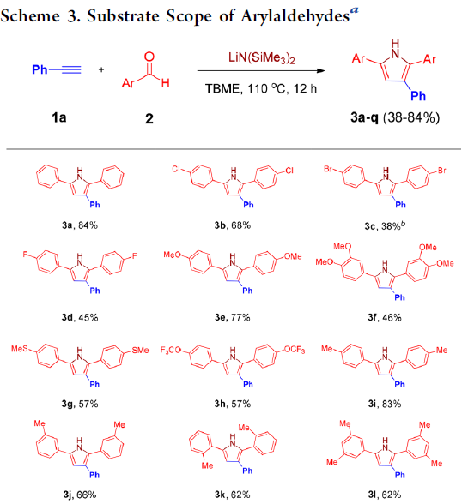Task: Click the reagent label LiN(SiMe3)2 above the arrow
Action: click(262, 58)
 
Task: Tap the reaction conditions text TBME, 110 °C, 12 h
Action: click(261, 89)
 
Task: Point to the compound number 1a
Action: click(59, 117)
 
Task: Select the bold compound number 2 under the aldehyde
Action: click(149, 118)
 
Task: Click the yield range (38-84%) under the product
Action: click(411, 117)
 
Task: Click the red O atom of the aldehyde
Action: click(149, 57)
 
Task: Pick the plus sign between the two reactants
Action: click(101, 69)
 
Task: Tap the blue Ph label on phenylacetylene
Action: click(40, 69)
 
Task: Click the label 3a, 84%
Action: click(80, 225)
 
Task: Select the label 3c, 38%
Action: click(385, 225)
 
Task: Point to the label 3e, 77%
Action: click(233, 317)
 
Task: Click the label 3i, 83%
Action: click(385, 404)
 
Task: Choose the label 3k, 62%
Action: click(233, 495)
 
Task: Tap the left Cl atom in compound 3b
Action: click(176, 169)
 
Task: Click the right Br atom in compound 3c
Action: click(442, 171)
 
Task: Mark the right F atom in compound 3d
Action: click(134, 255)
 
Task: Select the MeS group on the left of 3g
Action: click(20, 349)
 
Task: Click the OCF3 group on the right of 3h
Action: click(295, 350)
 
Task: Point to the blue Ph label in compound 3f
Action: click(399, 297)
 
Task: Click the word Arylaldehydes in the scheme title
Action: click(295, 16)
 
